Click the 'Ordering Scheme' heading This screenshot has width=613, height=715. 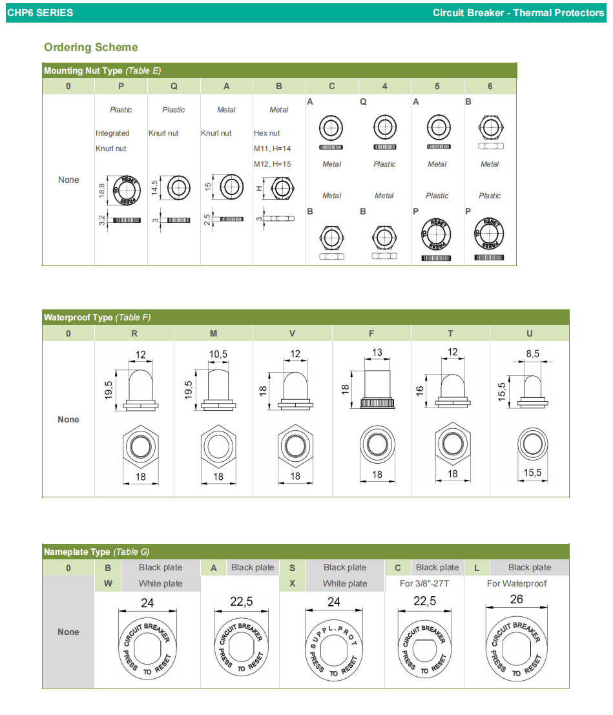[x=91, y=47]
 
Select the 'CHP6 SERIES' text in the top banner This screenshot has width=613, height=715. [x=40, y=13]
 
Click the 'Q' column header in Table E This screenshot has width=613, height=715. [x=174, y=86]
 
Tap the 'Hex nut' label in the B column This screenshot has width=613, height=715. [x=267, y=133]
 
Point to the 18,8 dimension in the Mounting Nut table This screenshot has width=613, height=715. [x=101, y=189]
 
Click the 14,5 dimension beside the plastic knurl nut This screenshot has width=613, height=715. [x=154, y=188]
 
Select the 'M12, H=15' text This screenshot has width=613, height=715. [x=273, y=164]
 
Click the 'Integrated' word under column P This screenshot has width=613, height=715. [x=112, y=133]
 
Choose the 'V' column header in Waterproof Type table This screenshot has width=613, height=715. [x=293, y=333]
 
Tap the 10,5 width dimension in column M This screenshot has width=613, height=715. [x=218, y=355]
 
